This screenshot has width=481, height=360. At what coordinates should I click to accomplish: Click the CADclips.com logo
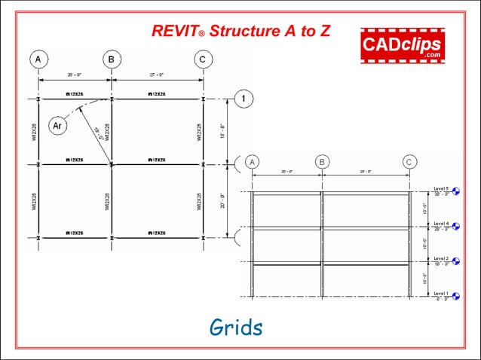click(402, 44)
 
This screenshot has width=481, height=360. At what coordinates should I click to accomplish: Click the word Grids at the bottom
click(236, 328)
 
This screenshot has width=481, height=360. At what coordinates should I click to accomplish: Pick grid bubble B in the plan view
click(112, 59)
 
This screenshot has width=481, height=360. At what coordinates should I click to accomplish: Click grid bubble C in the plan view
click(201, 59)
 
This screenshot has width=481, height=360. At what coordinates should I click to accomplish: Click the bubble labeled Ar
click(57, 126)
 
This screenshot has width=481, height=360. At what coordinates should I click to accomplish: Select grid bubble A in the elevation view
click(253, 162)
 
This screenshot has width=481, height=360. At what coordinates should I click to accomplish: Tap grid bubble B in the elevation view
click(323, 162)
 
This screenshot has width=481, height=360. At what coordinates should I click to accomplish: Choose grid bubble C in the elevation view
click(409, 162)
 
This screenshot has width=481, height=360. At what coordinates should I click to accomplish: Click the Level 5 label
click(441, 188)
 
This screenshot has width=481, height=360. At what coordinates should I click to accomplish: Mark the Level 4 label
click(441, 224)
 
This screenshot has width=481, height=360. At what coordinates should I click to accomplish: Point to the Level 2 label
click(441, 258)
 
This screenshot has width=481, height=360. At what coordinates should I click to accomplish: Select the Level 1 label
click(441, 293)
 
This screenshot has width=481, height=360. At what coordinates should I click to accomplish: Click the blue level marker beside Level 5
click(456, 192)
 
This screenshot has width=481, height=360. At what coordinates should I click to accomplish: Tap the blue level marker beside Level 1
click(456, 297)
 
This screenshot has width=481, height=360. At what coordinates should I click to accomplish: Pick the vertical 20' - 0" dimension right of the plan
click(224, 200)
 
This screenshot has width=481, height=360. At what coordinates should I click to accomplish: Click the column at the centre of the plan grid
click(112, 163)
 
